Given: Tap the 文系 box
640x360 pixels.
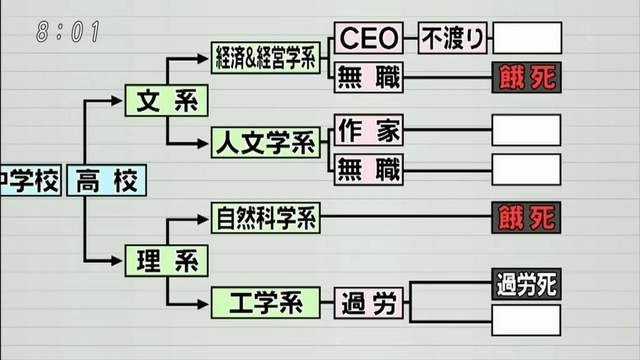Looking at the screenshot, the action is [166, 100].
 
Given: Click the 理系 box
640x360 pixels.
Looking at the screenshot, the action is [166, 261].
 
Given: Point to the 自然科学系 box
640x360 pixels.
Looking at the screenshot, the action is [265, 216].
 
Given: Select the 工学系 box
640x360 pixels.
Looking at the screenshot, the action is [265, 300].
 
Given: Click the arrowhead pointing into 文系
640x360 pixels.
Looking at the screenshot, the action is [117, 100].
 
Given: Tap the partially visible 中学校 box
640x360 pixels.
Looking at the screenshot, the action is [29, 181].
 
